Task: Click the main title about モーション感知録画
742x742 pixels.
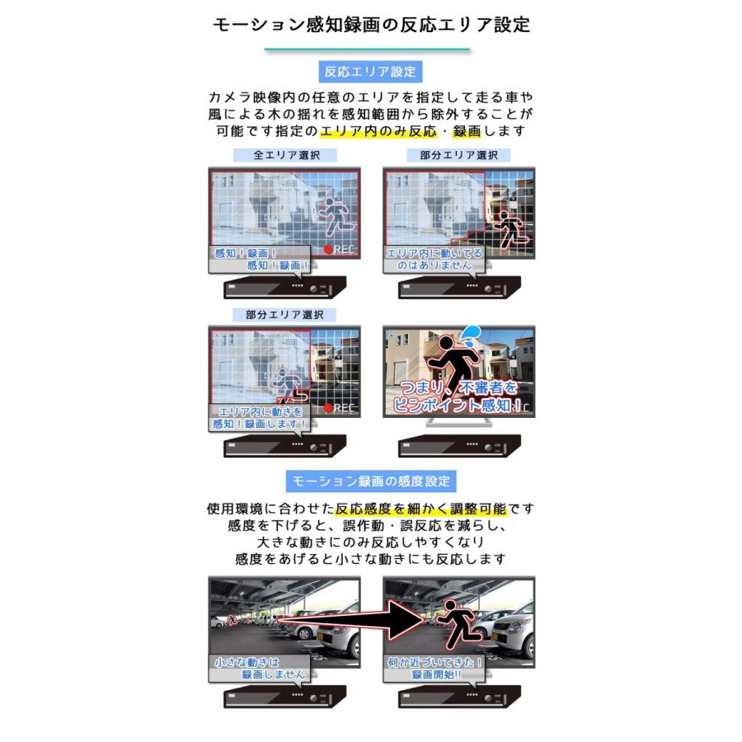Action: (371, 25)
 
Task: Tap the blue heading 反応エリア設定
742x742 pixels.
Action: (371, 71)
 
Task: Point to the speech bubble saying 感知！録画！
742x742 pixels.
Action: (258, 259)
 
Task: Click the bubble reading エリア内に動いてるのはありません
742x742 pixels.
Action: (433, 259)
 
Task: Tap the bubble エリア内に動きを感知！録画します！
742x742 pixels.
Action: (259, 417)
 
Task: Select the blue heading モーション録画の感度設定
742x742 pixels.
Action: (371, 481)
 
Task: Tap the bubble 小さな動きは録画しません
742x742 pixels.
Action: (258, 667)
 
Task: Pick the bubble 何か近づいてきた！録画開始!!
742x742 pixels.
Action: (434, 667)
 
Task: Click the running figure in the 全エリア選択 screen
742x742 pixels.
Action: (337, 214)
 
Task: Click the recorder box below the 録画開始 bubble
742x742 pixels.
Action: (460, 697)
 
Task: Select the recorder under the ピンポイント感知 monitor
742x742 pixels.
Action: (460, 446)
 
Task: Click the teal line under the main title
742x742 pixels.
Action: (367, 49)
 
